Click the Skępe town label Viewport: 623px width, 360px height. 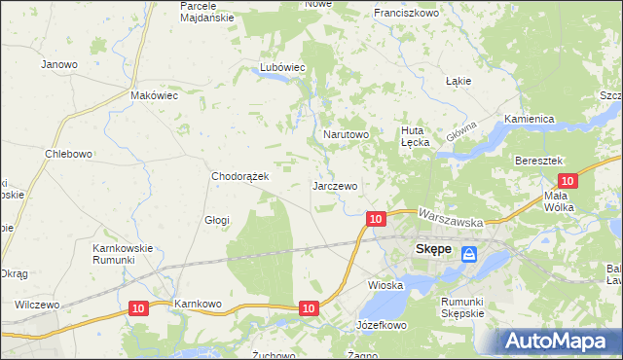point(433,249)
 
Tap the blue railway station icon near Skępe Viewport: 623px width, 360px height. point(469,254)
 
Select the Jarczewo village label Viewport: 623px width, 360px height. point(335,185)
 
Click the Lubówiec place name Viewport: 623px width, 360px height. point(282,67)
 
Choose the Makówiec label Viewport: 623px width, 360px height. point(154,96)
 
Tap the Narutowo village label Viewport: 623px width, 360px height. point(346,134)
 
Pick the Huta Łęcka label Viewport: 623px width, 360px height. point(416,135)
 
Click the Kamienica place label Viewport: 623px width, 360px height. point(529,119)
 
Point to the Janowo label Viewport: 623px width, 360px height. point(59,64)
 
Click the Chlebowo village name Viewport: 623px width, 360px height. point(68,154)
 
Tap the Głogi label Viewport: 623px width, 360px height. point(216,220)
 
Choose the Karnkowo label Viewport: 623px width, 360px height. point(199,305)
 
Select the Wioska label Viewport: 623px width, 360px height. point(385,285)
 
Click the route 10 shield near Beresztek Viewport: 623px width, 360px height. point(569,180)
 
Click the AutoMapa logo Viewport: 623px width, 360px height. point(557,341)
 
